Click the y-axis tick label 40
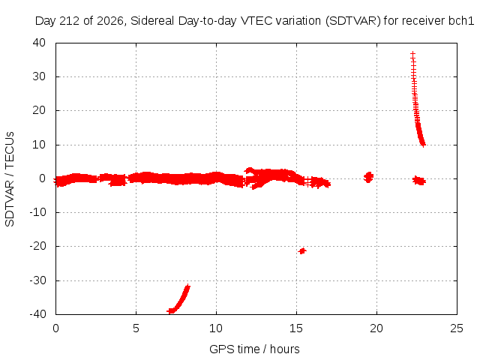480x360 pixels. pos(39,43)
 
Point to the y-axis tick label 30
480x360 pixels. pos(39,76)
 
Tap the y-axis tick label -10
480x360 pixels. pos(37,212)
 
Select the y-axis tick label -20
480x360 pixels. pos(37,246)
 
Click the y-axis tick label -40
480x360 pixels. pos(37,313)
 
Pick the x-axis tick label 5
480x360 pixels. pos(136,328)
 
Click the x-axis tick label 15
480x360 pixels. pos(296,328)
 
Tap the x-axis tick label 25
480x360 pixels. pos(457,328)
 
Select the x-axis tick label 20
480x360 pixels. pos(376,328)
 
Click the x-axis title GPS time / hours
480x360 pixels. pos(254,349)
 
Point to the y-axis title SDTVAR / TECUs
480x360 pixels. pos(10,179)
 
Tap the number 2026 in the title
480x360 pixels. pos(110,21)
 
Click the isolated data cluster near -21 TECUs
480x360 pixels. pos(302,251)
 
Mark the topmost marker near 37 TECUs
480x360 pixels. pos(412,55)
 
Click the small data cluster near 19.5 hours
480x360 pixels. pos(368,177)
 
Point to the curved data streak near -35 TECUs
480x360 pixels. pos(179,300)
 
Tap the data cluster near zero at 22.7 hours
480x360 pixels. pos(419,181)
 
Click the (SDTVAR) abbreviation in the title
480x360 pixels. pos(353,21)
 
